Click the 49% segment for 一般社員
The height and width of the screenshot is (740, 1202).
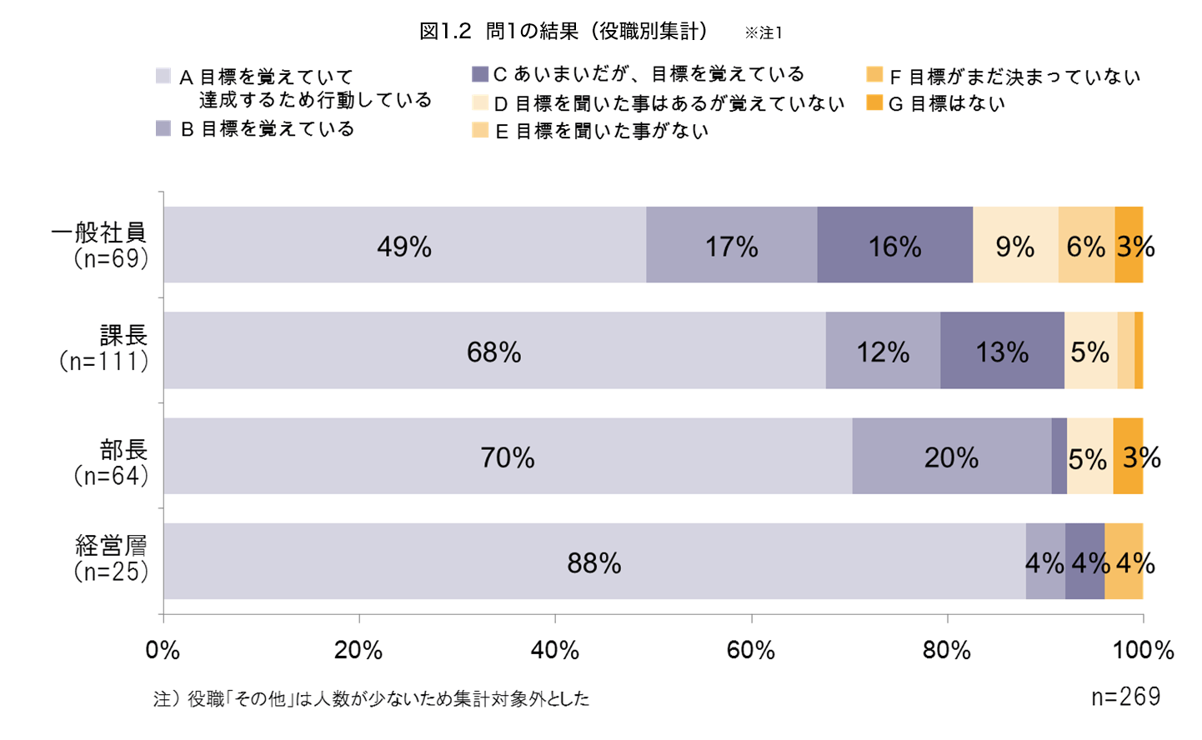[404, 245]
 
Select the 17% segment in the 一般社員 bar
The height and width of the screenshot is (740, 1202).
[731, 245]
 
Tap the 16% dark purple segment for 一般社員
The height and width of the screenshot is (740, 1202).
[894, 245]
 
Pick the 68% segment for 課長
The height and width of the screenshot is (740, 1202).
[493, 351]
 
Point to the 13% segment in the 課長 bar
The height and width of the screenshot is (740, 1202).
[1002, 351]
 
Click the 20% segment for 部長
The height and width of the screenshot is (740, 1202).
[951, 456]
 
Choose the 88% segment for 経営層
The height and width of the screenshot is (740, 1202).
[593, 562]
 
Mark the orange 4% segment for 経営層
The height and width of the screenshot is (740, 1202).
[1124, 562]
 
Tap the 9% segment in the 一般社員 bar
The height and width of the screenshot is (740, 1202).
[1015, 245]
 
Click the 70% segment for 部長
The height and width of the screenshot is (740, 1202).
[507, 456]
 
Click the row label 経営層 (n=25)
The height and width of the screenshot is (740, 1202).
[112, 558]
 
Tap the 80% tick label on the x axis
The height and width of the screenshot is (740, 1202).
[947, 650]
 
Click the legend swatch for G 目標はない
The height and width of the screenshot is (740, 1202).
[874, 103]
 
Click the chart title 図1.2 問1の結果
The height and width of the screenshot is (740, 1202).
[563, 32]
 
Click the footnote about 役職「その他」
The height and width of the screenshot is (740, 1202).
[371, 698]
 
